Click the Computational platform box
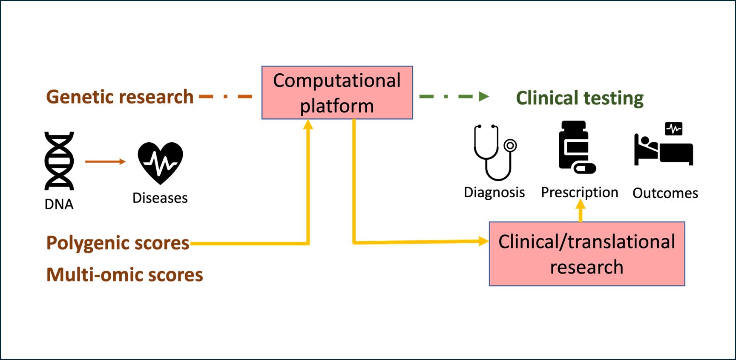(x=337, y=92)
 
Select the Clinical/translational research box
(x=587, y=254)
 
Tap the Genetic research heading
(x=120, y=97)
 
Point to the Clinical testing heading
(x=580, y=98)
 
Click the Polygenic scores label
(x=118, y=243)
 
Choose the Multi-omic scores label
(x=125, y=275)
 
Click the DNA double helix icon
(x=59, y=161)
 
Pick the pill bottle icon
(x=577, y=147)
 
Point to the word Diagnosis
(x=494, y=193)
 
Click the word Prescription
(x=580, y=193)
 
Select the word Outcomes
(x=665, y=193)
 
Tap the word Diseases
(x=160, y=198)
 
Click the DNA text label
(x=59, y=205)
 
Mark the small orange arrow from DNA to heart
(x=106, y=161)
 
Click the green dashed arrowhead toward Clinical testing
(x=484, y=97)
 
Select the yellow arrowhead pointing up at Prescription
(x=580, y=205)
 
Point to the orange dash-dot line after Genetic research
(x=226, y=97)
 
